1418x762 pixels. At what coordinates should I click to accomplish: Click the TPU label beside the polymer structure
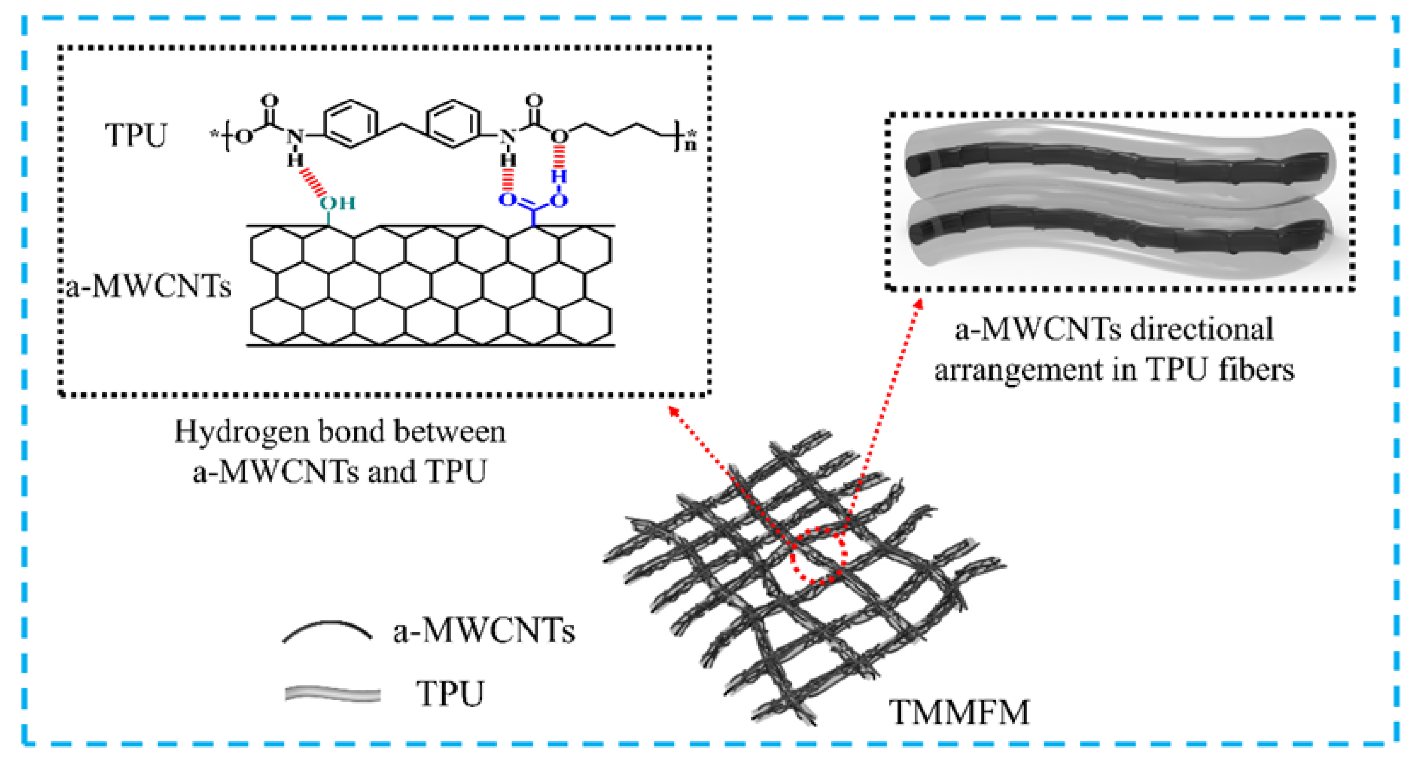coord(135,135)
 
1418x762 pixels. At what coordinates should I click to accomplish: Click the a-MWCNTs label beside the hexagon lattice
coord(148,287)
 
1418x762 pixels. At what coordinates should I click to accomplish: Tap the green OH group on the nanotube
coord(337,203)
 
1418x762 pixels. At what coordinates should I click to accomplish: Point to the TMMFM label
coord(959,712)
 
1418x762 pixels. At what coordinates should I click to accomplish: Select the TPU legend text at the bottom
coord(450,693)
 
